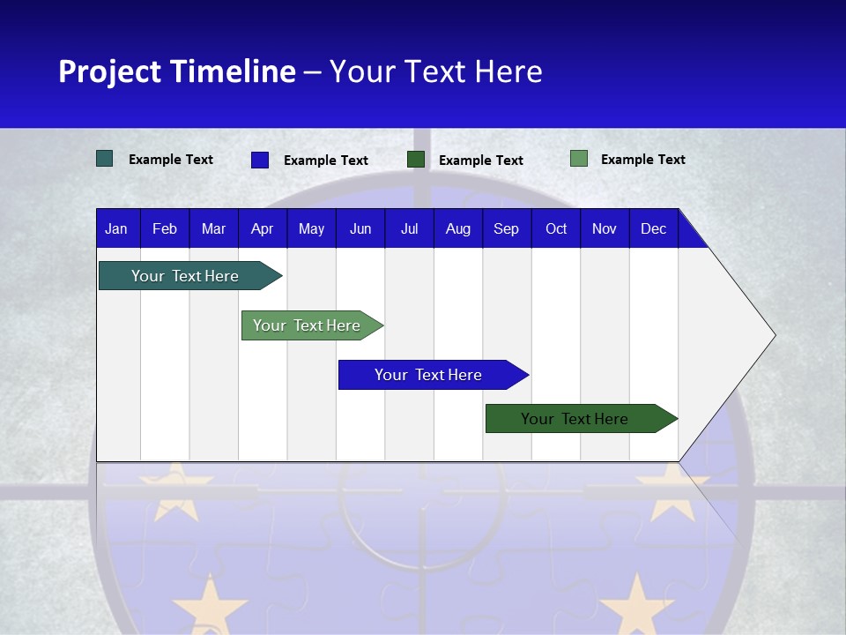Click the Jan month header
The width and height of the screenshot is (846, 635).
tap(116, 229)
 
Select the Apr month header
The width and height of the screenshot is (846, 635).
tap(262, 229)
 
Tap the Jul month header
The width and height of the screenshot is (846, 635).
tap(409, 229)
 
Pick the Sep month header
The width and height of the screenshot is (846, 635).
tap(506, 229)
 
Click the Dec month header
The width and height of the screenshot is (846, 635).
tap(653, 229)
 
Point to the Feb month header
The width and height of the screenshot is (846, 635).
tap(165, 229)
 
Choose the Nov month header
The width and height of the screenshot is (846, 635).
tap(604, 229)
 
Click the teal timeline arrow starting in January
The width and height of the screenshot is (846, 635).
tap(185, 276)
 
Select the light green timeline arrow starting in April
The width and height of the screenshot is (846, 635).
tap(307, 325)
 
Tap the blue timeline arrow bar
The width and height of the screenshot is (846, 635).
tap(427, 375)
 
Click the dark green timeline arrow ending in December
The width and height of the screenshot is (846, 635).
tap(575, 419)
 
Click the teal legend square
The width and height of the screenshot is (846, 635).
tap(104, 159)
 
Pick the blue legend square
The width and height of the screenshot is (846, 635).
tap(260, 160)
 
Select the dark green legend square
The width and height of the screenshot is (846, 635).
tap(416, 160)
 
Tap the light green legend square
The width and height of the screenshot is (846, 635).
tap(579, 159)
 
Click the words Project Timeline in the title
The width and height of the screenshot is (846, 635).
tap(176, 71)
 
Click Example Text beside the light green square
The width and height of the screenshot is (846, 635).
tap(642, 160)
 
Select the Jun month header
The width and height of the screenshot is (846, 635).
tap(360, 229)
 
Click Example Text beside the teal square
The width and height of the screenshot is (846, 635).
tap(171, 160)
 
